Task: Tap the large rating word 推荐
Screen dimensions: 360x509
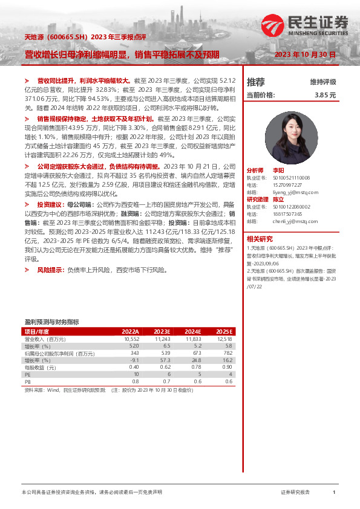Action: point(256,82)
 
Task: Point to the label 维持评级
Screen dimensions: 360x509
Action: point(322,82)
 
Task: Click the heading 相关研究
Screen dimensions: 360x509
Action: point(260,238)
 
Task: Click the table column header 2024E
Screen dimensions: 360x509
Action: point(192,332)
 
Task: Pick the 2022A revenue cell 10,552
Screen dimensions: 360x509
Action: point(131,339)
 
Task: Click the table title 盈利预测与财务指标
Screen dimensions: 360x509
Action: point(51,322)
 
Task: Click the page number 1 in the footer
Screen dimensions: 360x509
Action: point(334,493)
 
